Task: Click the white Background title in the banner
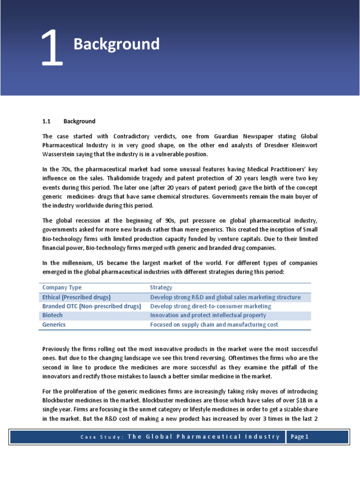click(116, 45)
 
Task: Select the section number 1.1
click(46, 121)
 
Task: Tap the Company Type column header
click(62, 287)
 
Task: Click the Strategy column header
click(161, 287)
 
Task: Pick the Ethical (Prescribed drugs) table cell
click(76, 297)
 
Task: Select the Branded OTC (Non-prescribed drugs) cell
click(91, 306)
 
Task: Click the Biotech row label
click(52, 315)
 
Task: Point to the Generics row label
click(54, 324)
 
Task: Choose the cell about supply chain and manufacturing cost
click(214, 324)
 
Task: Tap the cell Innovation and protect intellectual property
click(208, 315)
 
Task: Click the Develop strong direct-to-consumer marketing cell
click(210, 306)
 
